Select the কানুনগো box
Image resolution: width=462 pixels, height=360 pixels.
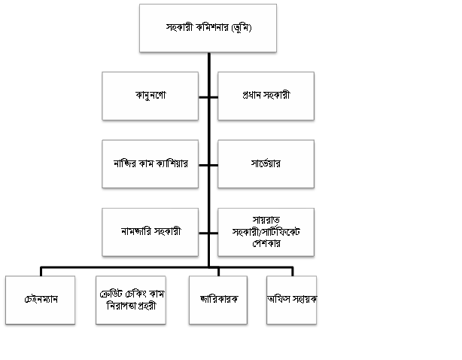(150, 96)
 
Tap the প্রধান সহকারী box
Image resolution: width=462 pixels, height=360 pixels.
(266, 96)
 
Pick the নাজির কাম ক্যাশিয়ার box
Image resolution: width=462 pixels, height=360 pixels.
(150, 163)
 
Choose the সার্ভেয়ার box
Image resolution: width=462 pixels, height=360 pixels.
(266, 163)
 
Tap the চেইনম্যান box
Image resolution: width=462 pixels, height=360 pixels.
(40, 300)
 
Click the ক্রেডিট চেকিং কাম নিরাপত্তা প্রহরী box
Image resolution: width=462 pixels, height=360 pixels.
(131, 300)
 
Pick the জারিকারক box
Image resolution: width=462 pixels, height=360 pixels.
(219, 300)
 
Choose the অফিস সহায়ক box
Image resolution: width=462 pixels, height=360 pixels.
(291, 300)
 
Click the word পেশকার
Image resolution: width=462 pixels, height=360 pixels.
(265, 244)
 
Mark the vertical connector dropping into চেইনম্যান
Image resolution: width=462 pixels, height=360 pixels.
(41, 271)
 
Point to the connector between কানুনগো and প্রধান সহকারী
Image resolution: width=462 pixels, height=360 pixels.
(208, 96)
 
